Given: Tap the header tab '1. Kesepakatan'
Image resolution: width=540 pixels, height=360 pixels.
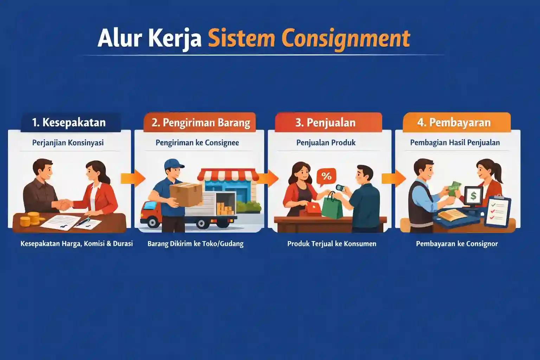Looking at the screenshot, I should (x=69, y=122).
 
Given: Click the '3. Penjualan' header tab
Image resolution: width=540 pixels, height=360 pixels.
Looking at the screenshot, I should (x=326, y=122).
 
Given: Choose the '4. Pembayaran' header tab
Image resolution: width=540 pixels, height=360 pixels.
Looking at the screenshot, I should (x=454, y=122).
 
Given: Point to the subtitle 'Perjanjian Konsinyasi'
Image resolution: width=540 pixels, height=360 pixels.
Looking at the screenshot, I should (x=68, y=143).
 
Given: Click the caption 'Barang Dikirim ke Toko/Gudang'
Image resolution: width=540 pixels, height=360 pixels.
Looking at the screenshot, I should (x=195, y=244).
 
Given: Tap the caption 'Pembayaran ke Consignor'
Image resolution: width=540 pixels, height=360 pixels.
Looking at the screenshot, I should (x=457, y=244).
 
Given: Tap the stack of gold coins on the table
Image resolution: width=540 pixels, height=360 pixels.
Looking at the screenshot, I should (x=29, y=219).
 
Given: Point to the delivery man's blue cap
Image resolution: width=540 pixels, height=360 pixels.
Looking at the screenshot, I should (x=174, y=164).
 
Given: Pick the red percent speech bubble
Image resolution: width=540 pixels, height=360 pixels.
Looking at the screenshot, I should (x=326, y=176).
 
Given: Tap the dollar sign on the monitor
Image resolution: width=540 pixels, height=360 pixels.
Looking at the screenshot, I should (x=473, y=196).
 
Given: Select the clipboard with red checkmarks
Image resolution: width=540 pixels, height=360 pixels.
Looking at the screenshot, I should (x=497, y=211).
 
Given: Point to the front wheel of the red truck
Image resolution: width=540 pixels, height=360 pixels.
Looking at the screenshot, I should (x=153, y=222).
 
